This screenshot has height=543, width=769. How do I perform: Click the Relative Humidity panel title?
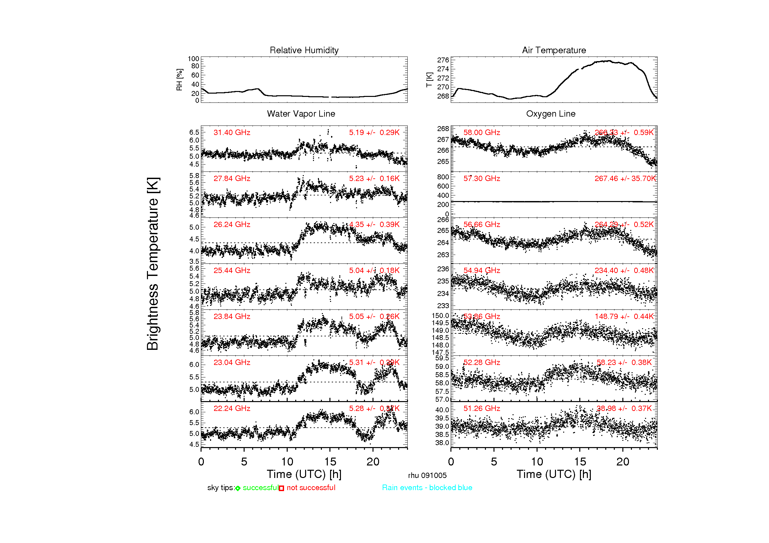304,50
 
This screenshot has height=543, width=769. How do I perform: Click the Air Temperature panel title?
554,50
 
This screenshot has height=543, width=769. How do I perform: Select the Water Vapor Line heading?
301,114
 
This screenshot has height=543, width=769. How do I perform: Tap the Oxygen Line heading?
551,114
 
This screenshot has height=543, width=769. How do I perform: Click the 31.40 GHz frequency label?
232,132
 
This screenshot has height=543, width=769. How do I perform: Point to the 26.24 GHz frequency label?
232,224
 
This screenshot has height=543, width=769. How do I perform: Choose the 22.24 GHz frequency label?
232,409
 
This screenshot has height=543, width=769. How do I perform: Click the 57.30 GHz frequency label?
482,179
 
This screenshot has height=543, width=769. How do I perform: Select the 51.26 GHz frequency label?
482,409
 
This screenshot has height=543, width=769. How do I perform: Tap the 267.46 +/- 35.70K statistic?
625,179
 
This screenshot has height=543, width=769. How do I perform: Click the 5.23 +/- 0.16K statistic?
374,179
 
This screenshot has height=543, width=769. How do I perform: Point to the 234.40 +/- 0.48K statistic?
624,271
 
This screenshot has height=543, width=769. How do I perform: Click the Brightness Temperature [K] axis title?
153,264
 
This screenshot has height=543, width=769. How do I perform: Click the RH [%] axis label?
180,79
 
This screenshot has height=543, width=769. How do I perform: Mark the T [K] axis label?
429,79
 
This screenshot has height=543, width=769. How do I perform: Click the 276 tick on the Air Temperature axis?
443,60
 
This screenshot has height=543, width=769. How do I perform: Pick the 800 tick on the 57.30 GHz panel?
443,177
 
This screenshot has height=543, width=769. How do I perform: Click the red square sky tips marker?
281,488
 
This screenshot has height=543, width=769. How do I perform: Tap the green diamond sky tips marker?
238,488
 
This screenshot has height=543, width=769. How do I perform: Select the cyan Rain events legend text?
427,488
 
